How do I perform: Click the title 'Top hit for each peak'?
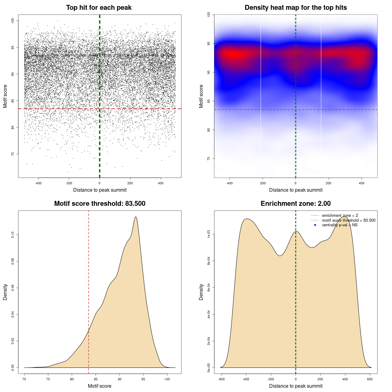tap(99, 8)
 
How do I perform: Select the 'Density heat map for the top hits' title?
tap(296, 8)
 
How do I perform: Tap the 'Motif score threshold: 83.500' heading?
tap(100, 204)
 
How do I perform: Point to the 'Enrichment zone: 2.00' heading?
tap(296, 204)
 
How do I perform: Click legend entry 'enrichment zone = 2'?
tap(340, 216)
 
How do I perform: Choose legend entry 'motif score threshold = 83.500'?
tap(349, 220)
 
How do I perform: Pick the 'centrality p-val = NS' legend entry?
tap(340, 225)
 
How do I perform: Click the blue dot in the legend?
tap(315, 225)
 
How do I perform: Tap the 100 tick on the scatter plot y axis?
tap(13, 21)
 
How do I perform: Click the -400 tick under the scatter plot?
tap(38, 183)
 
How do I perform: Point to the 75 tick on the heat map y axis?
tap(209, 159)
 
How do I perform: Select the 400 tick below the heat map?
tap(362, 183)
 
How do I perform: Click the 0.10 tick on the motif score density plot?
tap(13, 235)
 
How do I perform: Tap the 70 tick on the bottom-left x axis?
tap(24, 379)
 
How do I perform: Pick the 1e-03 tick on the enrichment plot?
tap(209, 234)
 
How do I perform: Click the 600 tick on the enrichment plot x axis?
tap(370, 379)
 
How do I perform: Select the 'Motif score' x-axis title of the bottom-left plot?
tap(100, 386)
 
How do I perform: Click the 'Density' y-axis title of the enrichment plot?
tap(201, 292)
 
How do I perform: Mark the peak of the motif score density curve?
tap(135, 217)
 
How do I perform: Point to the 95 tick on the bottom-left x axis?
tap(143, 379)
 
